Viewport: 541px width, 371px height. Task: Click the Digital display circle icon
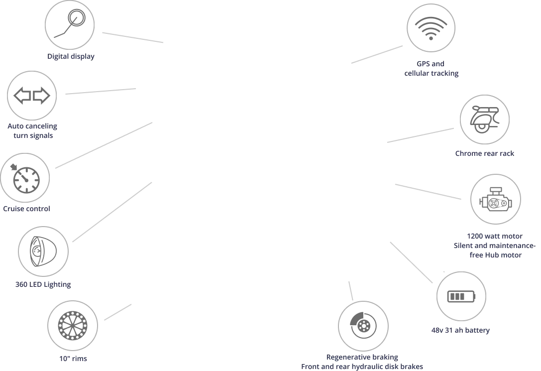[69, 23]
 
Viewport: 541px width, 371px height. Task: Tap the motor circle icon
[496, 198]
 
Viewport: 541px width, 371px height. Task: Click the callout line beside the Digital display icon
[133, 38]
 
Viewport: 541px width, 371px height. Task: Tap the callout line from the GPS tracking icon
[378, 54]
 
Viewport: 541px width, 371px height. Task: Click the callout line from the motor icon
[428, 192]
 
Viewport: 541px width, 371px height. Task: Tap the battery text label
[459, 330]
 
